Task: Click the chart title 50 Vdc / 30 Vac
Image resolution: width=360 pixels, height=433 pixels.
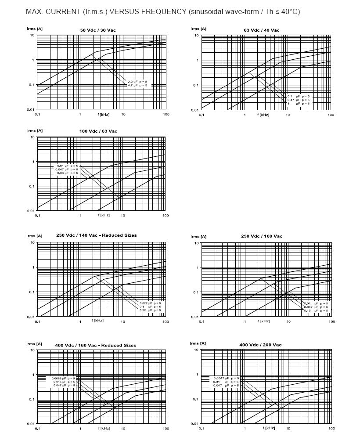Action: click(x=98, y=30)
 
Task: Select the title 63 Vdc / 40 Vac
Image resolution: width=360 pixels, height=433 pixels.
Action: click(x=262, y=30)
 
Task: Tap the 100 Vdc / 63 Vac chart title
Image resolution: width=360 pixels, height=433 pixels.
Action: click(x=98, y=131)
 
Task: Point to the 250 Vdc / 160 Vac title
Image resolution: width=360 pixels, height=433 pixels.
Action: click(x=262, y=236)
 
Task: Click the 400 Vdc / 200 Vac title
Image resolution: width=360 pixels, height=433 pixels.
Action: click(x=261, y=345)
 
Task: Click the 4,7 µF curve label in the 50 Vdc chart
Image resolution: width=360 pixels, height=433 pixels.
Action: click(x=138, y=85)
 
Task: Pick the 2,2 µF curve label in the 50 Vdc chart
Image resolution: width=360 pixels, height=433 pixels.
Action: click(x=138, y=82)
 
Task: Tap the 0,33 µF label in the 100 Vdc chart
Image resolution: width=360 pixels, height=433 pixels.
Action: click(x=67, y=173)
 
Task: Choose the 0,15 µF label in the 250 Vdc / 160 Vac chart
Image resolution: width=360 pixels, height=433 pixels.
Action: click(x=316, y=310)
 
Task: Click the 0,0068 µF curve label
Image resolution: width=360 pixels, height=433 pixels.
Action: click(x=63, y=378)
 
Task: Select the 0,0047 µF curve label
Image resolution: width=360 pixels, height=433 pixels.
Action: click(x=226, y=378)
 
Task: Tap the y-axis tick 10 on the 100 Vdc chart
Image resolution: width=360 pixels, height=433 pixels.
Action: click(x=32, y=137)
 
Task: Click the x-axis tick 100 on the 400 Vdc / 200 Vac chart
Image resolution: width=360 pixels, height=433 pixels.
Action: click(x=331, y=428)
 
